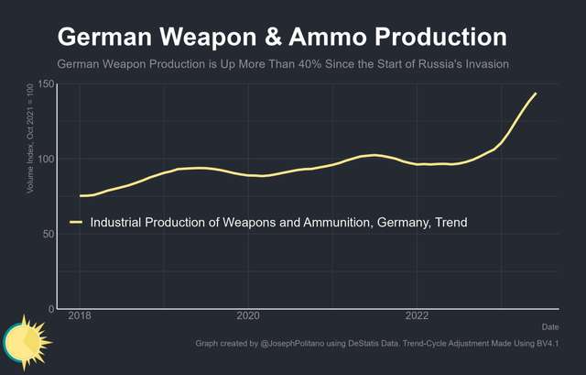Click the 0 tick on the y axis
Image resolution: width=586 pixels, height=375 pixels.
pos(51,309)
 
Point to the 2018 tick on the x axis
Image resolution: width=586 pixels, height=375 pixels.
pos(81,316)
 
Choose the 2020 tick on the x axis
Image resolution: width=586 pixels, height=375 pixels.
pos(249,316)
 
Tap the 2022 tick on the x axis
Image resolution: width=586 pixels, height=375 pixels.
pos(418,316)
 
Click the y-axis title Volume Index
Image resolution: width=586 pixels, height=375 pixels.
pos(31,138)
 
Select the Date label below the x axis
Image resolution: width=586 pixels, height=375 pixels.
pos(549,326)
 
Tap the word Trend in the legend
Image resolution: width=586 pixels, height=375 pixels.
pos(450,222)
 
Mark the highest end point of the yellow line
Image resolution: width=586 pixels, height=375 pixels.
pos(536,94)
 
